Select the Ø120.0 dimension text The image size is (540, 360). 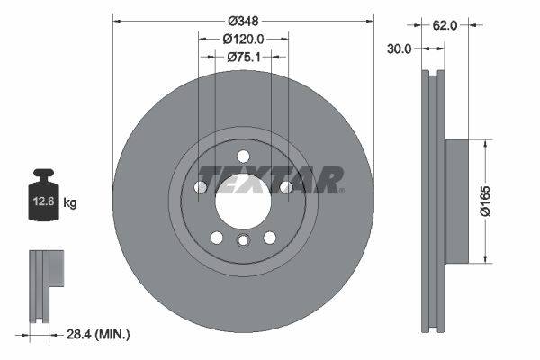click(x=243, y=39)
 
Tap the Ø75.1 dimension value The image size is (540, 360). click(x=243, y=57)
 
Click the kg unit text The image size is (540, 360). click(x=70, y=203)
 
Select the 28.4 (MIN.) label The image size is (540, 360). click(x=99, y=335)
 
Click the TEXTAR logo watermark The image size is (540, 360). click(x=270, y=179)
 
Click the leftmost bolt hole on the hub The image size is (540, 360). click(x=200, y=187)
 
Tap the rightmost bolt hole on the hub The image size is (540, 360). click(x=285, y=187)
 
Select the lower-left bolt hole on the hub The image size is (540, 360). click(x=216, y=237)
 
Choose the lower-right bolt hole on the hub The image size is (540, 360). click(x=269, y=237)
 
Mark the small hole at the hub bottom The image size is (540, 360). click(x=243, y=240)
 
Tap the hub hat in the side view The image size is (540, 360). click(x=457, y=201)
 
